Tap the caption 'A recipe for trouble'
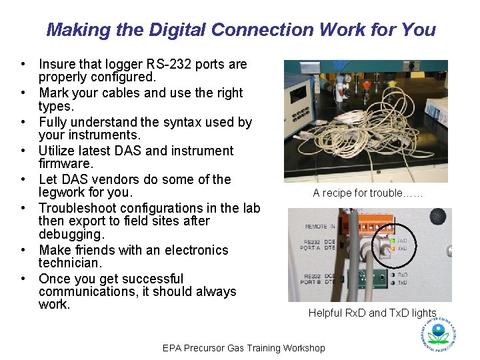coord(367,193)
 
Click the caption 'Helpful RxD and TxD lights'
coord(372,313)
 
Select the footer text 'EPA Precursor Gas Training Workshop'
coord(244,348)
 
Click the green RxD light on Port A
coord(393,240)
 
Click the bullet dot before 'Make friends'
coord(23,251)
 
